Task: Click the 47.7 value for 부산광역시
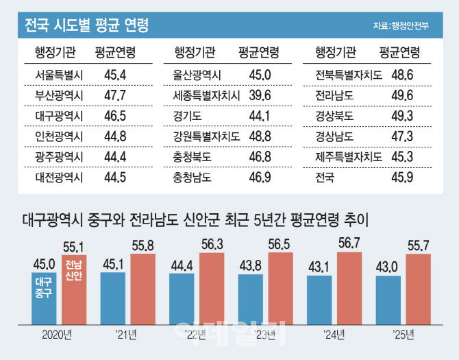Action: click(x=115, y=95)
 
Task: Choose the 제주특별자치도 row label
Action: click(x=347, y=156)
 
